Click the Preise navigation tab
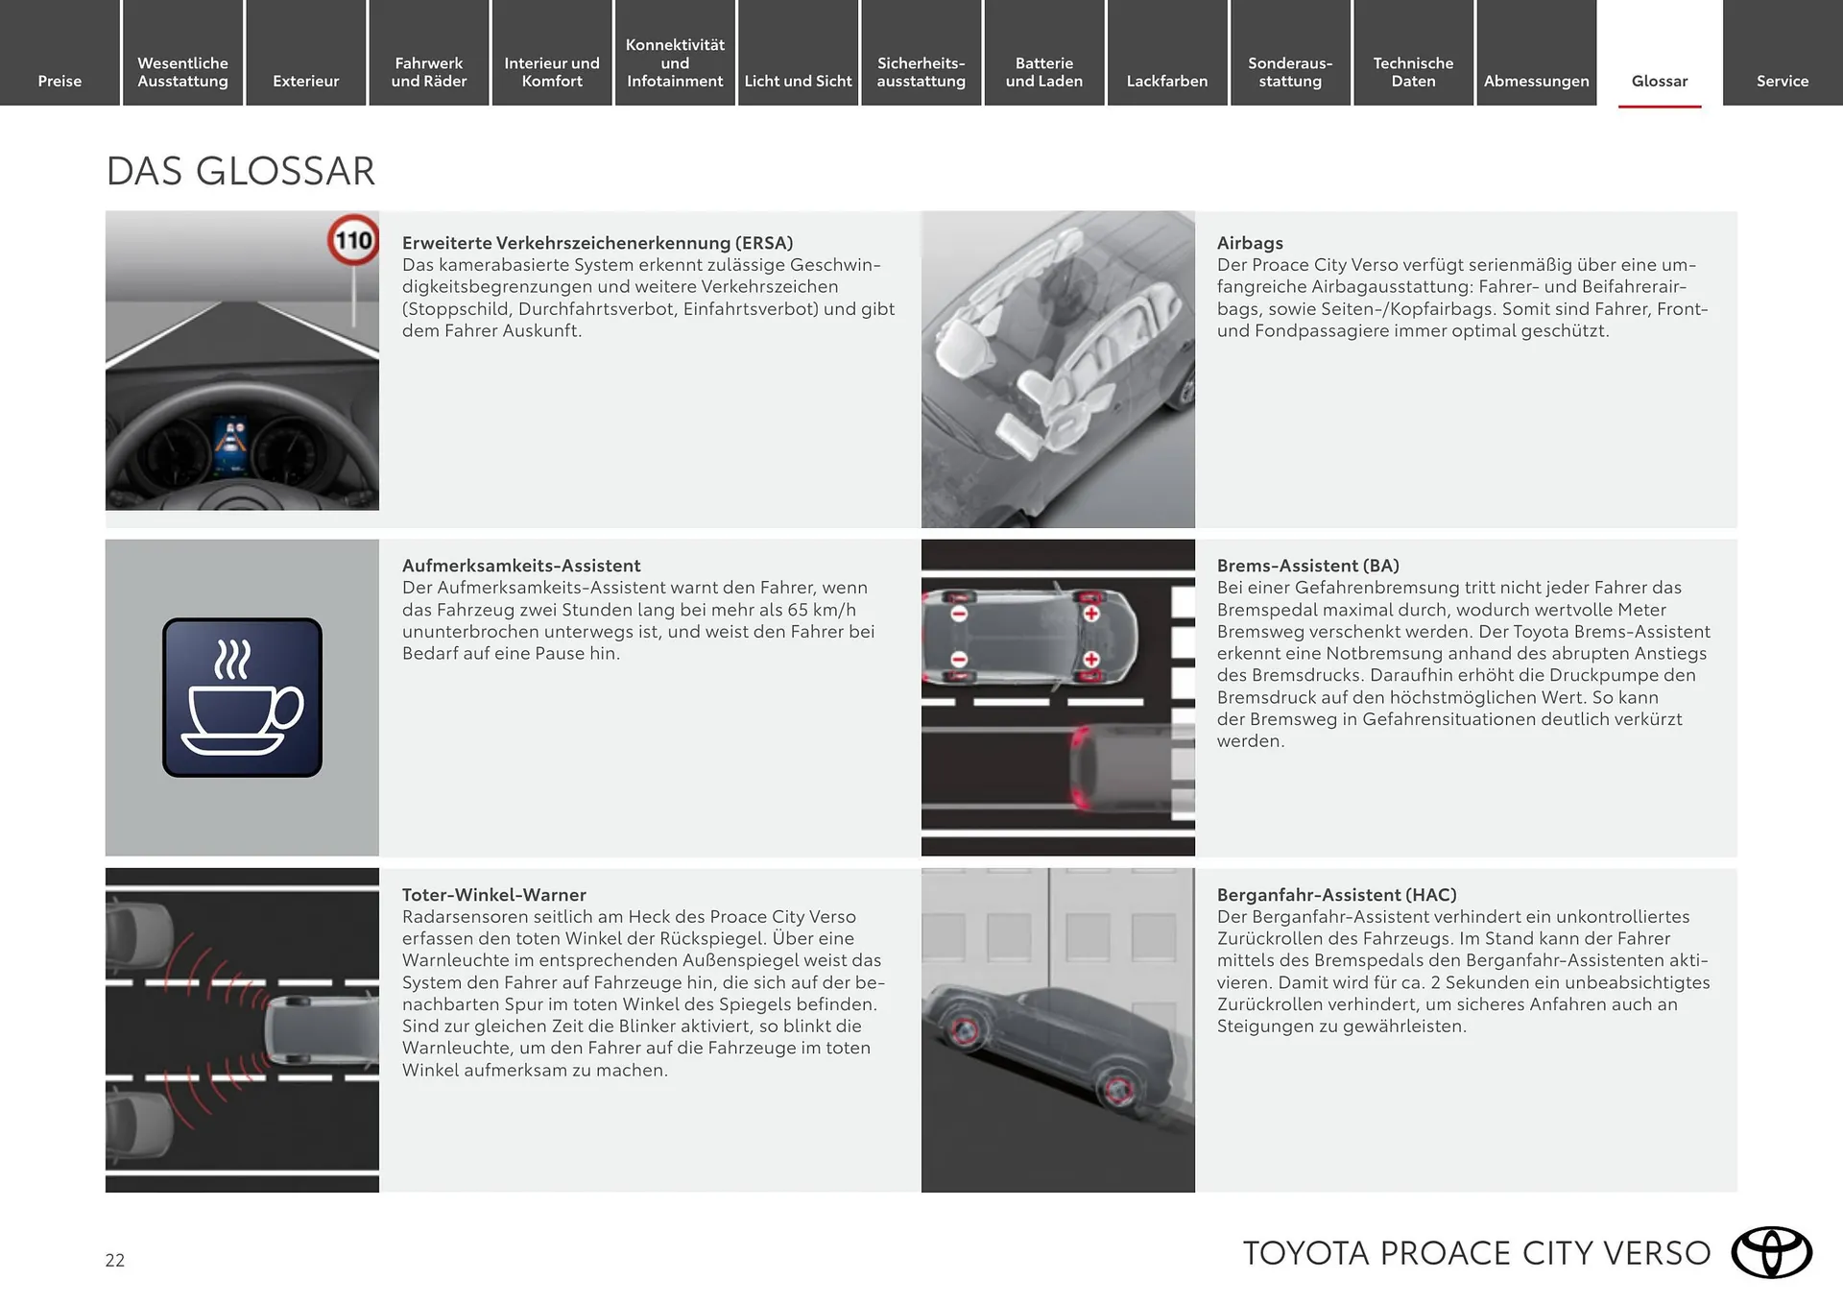click(60, 81)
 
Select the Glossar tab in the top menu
click(1659, 81)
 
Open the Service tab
click(1782, 81)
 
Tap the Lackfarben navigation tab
click(1166, 81)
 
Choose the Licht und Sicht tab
click(798, 81)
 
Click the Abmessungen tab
click(1536, 81)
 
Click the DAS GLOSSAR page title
click(240, 171)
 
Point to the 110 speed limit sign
click(353, 240)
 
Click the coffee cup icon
click(242, 697)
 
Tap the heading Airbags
click(1250, 243)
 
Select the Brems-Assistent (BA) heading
click(1307, 566)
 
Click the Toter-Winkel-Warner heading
click(493, 895)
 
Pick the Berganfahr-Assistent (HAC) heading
click(1336, 895)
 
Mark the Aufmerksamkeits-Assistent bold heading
click(521, 566)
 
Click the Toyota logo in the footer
click(1771, 1252)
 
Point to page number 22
click(115, 1260)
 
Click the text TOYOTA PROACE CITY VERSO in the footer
click(1476, 1253)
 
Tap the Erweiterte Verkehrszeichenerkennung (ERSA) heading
click(597, 243)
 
